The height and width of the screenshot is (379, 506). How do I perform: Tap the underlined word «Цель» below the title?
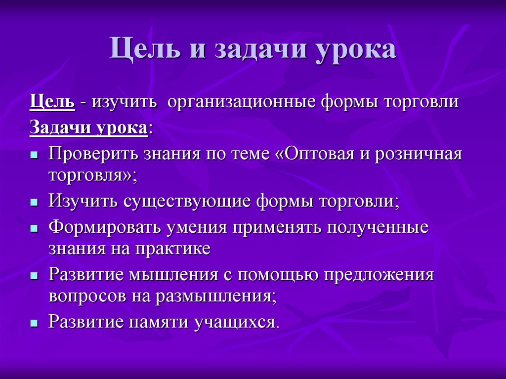click(x=52, y=103)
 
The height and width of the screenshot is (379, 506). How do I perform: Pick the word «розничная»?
click(x=419, y=154)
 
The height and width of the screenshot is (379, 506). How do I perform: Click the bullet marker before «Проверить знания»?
click(x=34, y=155)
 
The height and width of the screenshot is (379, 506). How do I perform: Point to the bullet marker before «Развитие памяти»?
click(x=34, y=323)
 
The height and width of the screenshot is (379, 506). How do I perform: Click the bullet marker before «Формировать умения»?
click(x=34, y=228)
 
